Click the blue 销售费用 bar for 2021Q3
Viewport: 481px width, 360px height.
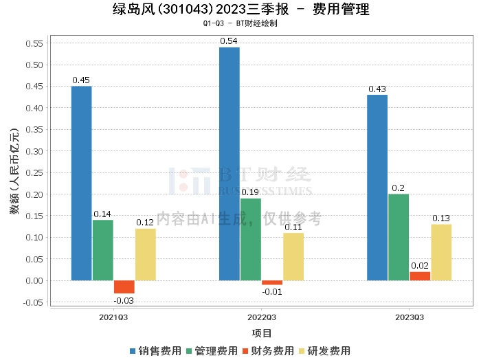pos(81,183)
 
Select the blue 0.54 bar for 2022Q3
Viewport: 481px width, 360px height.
pos(230,164)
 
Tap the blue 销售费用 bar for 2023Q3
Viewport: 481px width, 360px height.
pos(377,188)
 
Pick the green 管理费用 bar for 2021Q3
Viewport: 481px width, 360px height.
pos(103,250)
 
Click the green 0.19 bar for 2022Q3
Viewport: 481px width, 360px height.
pos(251,239)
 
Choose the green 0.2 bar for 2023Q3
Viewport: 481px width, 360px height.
pos(399,237)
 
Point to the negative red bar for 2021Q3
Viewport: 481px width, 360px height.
pos(124,287)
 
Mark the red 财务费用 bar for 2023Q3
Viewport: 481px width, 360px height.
pos(420,276)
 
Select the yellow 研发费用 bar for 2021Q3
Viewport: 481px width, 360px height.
pos(146,254)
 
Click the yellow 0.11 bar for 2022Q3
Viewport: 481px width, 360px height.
pos(293,256)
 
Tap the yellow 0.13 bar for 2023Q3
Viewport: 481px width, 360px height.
pos(441,252)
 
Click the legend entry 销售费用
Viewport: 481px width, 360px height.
pos(156,351)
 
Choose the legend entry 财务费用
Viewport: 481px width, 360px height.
pos(269,351)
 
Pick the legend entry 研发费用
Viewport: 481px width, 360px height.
pos(325,351)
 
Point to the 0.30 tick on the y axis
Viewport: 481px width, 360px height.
pos(34,151)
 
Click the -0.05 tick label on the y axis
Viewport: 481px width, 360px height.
pos(32,302)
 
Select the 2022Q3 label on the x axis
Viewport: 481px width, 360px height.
pos(262,318)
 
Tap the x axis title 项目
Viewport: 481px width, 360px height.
pos(262,333)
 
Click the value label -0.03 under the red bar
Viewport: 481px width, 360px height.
pos(124,300)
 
